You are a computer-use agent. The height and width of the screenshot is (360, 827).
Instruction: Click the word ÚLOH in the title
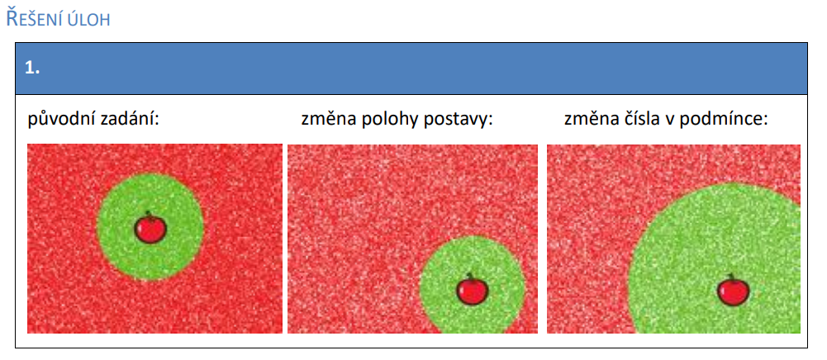click(x=89, y=20)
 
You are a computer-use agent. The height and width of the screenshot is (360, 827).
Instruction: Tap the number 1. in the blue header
click(x=32, y=68)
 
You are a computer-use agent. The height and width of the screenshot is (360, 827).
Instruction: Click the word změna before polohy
click(x=327, y=119)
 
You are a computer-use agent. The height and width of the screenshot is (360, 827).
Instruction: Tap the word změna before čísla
click(x=591, y=119)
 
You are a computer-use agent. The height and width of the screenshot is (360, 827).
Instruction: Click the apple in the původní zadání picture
click(x=150, y=228)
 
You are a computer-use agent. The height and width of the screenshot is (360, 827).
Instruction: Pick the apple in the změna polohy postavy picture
click(x=472, y=289)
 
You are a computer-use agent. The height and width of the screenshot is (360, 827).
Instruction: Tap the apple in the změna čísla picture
click(x=733, y=290)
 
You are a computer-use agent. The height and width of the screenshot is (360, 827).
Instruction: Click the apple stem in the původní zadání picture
click(x=149, y=215)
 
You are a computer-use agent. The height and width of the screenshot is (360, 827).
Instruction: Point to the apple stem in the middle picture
click(x=470, y=277)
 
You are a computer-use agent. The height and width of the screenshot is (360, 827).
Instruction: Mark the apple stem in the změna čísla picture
click(x=731, y=277)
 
